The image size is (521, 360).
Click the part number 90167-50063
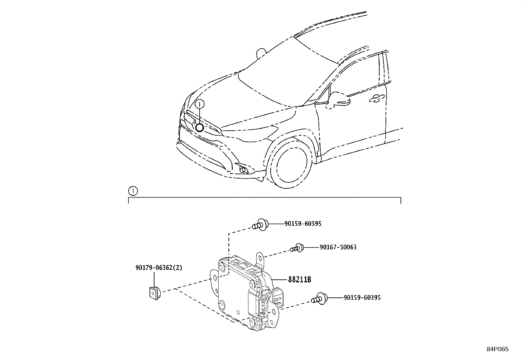[338, 247]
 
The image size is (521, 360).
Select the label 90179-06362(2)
[159, 268]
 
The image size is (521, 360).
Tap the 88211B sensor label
[299, 279]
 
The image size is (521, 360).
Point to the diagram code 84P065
[498, 349]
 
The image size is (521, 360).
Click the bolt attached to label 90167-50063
[297, 248]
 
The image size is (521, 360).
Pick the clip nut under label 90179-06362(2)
[155, 293]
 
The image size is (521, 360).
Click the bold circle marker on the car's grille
[200, 128]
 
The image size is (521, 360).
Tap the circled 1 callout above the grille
[199, 104]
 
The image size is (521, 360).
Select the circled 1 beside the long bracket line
[133, 191]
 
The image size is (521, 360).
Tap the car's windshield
[288, 74]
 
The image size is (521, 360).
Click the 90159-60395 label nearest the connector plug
[362, 297]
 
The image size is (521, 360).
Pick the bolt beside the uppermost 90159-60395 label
[260, 225]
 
